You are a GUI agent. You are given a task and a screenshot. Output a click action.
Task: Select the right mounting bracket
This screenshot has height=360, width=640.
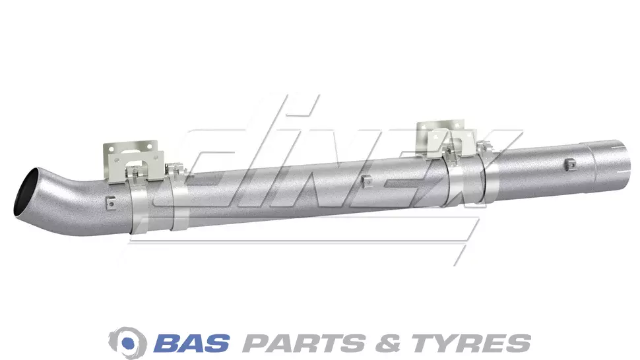445,140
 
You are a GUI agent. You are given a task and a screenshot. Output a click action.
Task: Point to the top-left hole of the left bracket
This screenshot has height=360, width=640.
109,148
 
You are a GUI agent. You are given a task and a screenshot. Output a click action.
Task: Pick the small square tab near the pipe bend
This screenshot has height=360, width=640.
110,202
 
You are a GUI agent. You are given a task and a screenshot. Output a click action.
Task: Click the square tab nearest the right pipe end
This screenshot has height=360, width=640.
571,164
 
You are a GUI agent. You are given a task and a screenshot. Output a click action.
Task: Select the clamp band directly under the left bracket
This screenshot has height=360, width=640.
139,206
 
